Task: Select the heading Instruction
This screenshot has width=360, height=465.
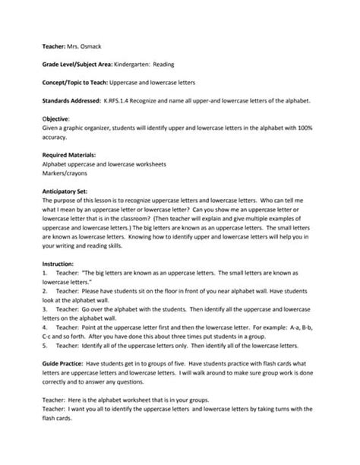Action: (x=58, y=262)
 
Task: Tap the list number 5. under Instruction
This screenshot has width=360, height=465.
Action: (x=46, y=344)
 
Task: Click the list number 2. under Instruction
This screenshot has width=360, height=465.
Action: (x=46, y=289)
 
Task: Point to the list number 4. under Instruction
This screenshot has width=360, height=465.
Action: (x=46, y=326)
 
